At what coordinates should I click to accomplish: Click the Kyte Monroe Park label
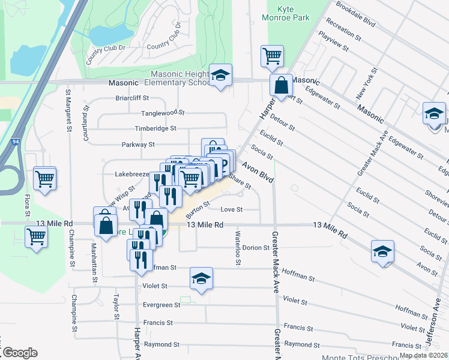click(286, 13)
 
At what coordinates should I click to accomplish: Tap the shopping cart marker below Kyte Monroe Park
click(272, 56)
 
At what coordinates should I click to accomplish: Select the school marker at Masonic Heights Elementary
click(221, 76)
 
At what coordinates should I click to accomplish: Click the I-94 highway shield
click(15, 143)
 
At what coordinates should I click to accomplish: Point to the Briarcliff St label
click(131, 98)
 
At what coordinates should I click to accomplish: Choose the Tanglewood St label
click(162, 113)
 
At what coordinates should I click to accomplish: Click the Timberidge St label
click(155, 128)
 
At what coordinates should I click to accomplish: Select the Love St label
click(231, 209)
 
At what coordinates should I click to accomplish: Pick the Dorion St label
click(255, 247)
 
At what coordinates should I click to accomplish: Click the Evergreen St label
click(161, 305)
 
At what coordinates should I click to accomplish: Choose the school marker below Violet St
click(202, 278)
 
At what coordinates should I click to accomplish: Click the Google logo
click(19, 353)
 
